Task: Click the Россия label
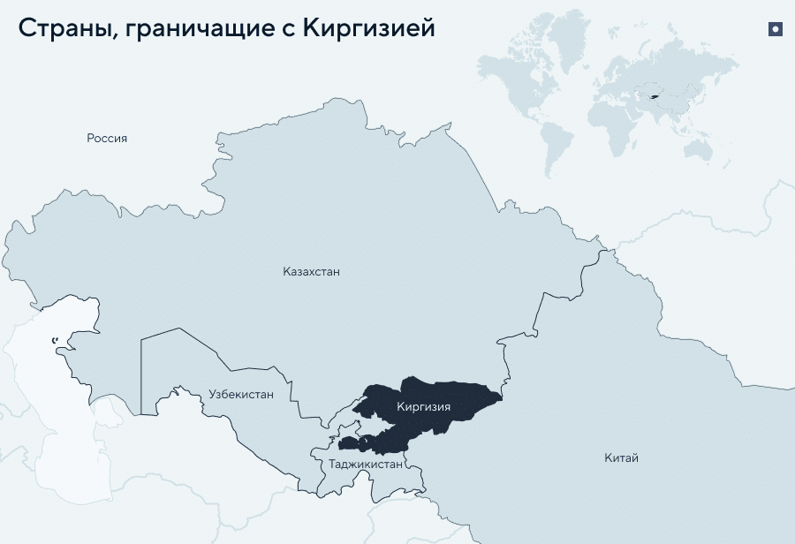pyautogui.click(x=107, y=138)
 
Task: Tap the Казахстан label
pyautogui.click(x=311, y=272)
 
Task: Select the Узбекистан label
pyautogui.click(x=241, y=395)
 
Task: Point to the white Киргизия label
pyautogui.click(x=424, y=407)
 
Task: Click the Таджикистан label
pyautogui.click(x=366, y=464)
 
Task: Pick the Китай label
pyautogui.click(x=621, y=457)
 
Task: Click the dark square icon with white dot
pyautogui.click(x=776, y=29)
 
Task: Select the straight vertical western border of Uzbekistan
pyautogui.click(x=140, y=371)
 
